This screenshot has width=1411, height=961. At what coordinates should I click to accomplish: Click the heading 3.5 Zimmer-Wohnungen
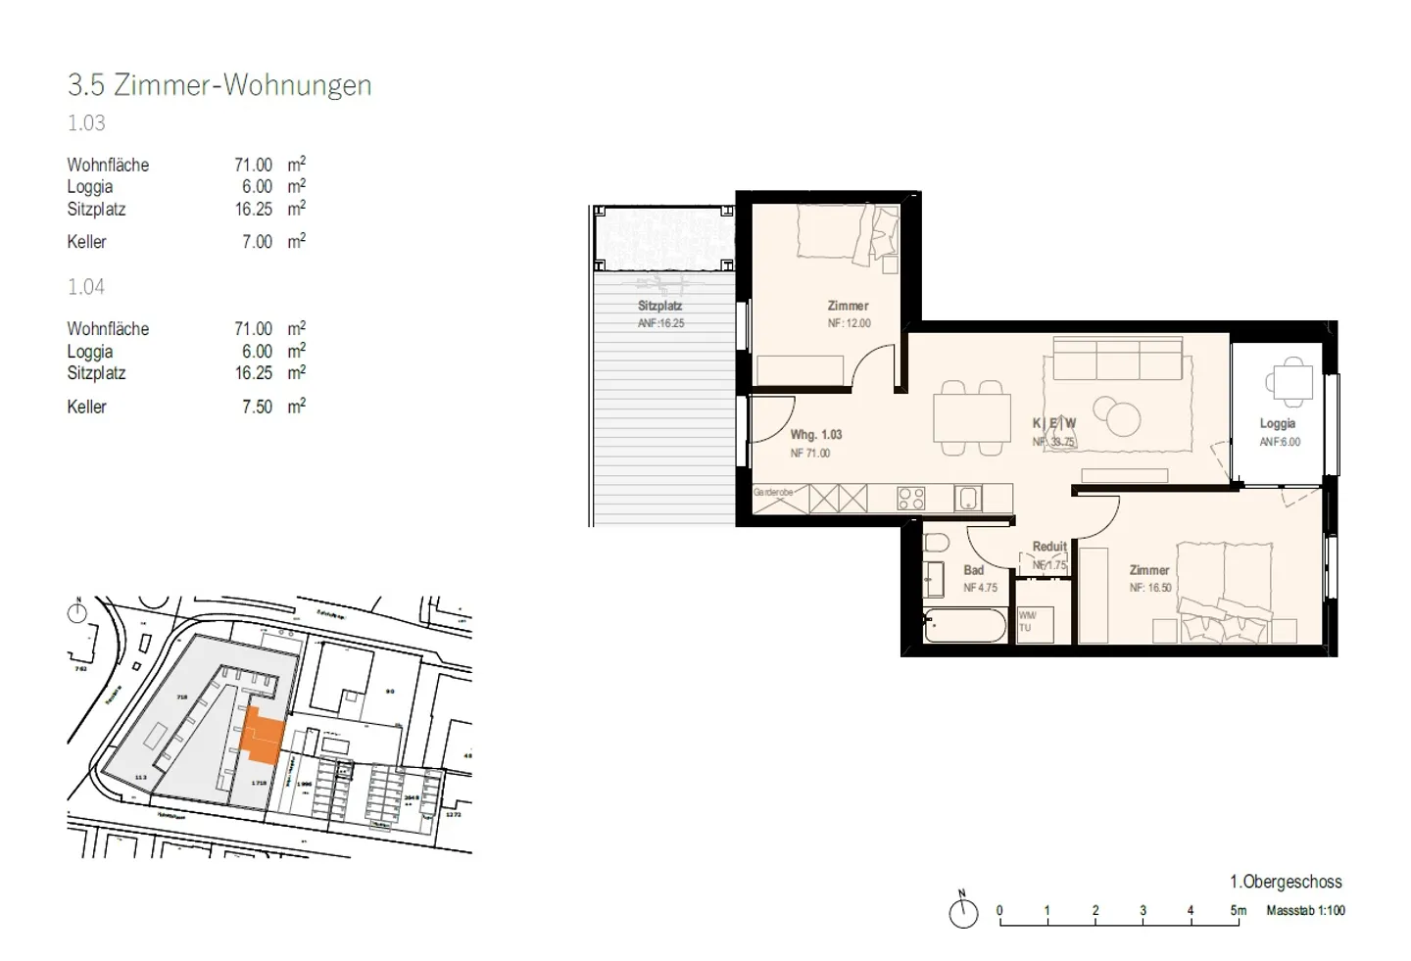tap(219, 85)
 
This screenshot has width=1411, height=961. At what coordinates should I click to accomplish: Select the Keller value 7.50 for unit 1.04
tap(257, 407)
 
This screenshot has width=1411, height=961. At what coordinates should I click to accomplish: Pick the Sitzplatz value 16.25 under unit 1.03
tap(253, 209)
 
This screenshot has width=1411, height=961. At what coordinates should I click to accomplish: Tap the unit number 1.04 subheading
tap(86, 287)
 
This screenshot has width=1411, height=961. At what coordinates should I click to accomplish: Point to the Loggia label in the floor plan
tap(1277, 423)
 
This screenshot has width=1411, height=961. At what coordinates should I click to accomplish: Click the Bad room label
tap(973, 570)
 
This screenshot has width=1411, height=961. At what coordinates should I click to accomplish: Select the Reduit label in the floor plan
tap(1048, 547)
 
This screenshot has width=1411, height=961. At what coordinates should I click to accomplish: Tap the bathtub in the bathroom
tap(964, 626)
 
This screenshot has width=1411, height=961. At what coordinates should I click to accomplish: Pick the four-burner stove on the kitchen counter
tap(910, 499)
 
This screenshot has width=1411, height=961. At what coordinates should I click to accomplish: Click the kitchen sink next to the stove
tap(968, 499)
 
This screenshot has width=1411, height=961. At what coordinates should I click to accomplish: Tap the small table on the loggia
tap(1289, 382)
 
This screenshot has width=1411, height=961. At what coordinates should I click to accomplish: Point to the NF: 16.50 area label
tap(1149, 588)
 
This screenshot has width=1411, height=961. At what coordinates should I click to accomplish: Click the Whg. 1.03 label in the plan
tap(815, 434)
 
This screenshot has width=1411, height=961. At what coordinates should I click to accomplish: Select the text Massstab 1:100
tap(1305, 910)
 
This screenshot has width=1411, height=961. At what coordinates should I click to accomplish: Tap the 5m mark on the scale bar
tap(1239, 911)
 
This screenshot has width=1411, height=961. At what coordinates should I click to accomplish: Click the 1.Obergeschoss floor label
tap(1286, 882)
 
